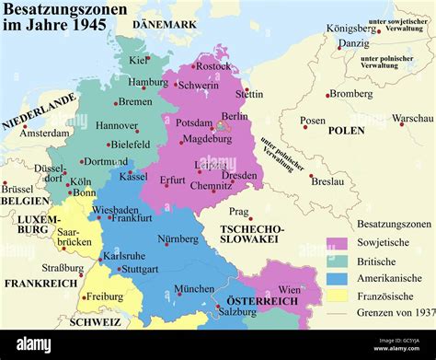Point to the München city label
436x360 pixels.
click(194, 288)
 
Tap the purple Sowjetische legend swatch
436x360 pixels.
click(337, 244)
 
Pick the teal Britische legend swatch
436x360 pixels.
click(337, 261)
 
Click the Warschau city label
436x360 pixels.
click(412, 119)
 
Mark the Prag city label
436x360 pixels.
click(239, 211)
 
